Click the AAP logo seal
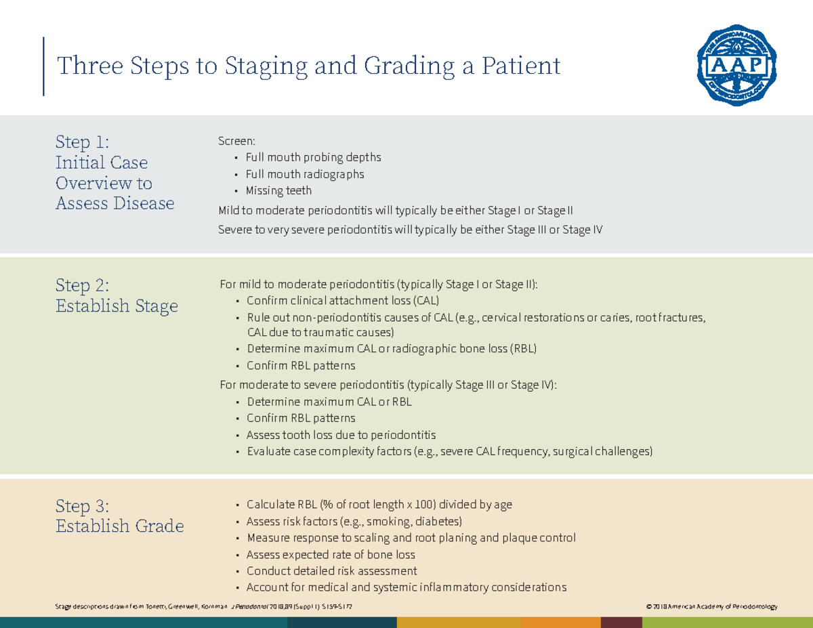[x=736, y=66]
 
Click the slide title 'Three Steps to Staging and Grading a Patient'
[x=309, y=66]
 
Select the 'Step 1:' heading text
[x=82, y=142]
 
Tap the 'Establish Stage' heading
[x=117, y=306]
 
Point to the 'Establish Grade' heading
[x=119, y=526]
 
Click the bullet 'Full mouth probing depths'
[x=313, y=158]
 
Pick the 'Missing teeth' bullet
[x=278, y=191]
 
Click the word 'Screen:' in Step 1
[x=236, y=141]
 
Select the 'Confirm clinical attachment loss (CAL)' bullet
[x=343, y=301]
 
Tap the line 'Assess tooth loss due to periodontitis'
[x=341, y=435]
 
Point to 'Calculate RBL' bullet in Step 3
[x=379, y=505]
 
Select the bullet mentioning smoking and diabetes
[x=354, y=522]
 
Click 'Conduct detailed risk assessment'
[x=331, y=571]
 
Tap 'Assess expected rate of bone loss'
[x=331, y=555]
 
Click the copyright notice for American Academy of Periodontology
[x=712, y=606]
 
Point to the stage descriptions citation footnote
[x=204, y=606]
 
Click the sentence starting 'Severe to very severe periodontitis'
[x=410, y=230]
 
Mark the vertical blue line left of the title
[x=44, y=66]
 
